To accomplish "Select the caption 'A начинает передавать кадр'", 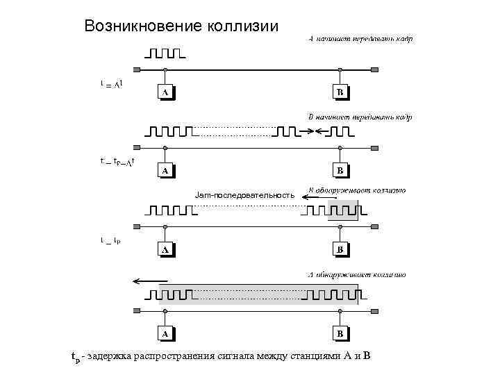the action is (360, 39).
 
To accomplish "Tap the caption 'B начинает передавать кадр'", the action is (360, 117).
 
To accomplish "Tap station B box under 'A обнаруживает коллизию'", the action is (340, 334).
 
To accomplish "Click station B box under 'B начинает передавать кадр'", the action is (340, 170).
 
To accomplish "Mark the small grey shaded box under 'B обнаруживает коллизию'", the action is (344, 210).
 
